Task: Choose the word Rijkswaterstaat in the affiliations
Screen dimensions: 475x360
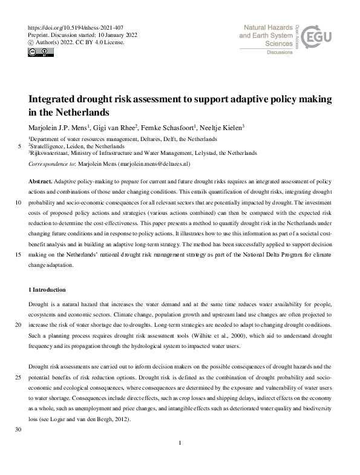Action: tap(51, 153)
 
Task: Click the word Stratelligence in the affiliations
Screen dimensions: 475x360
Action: tap(50, 146)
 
